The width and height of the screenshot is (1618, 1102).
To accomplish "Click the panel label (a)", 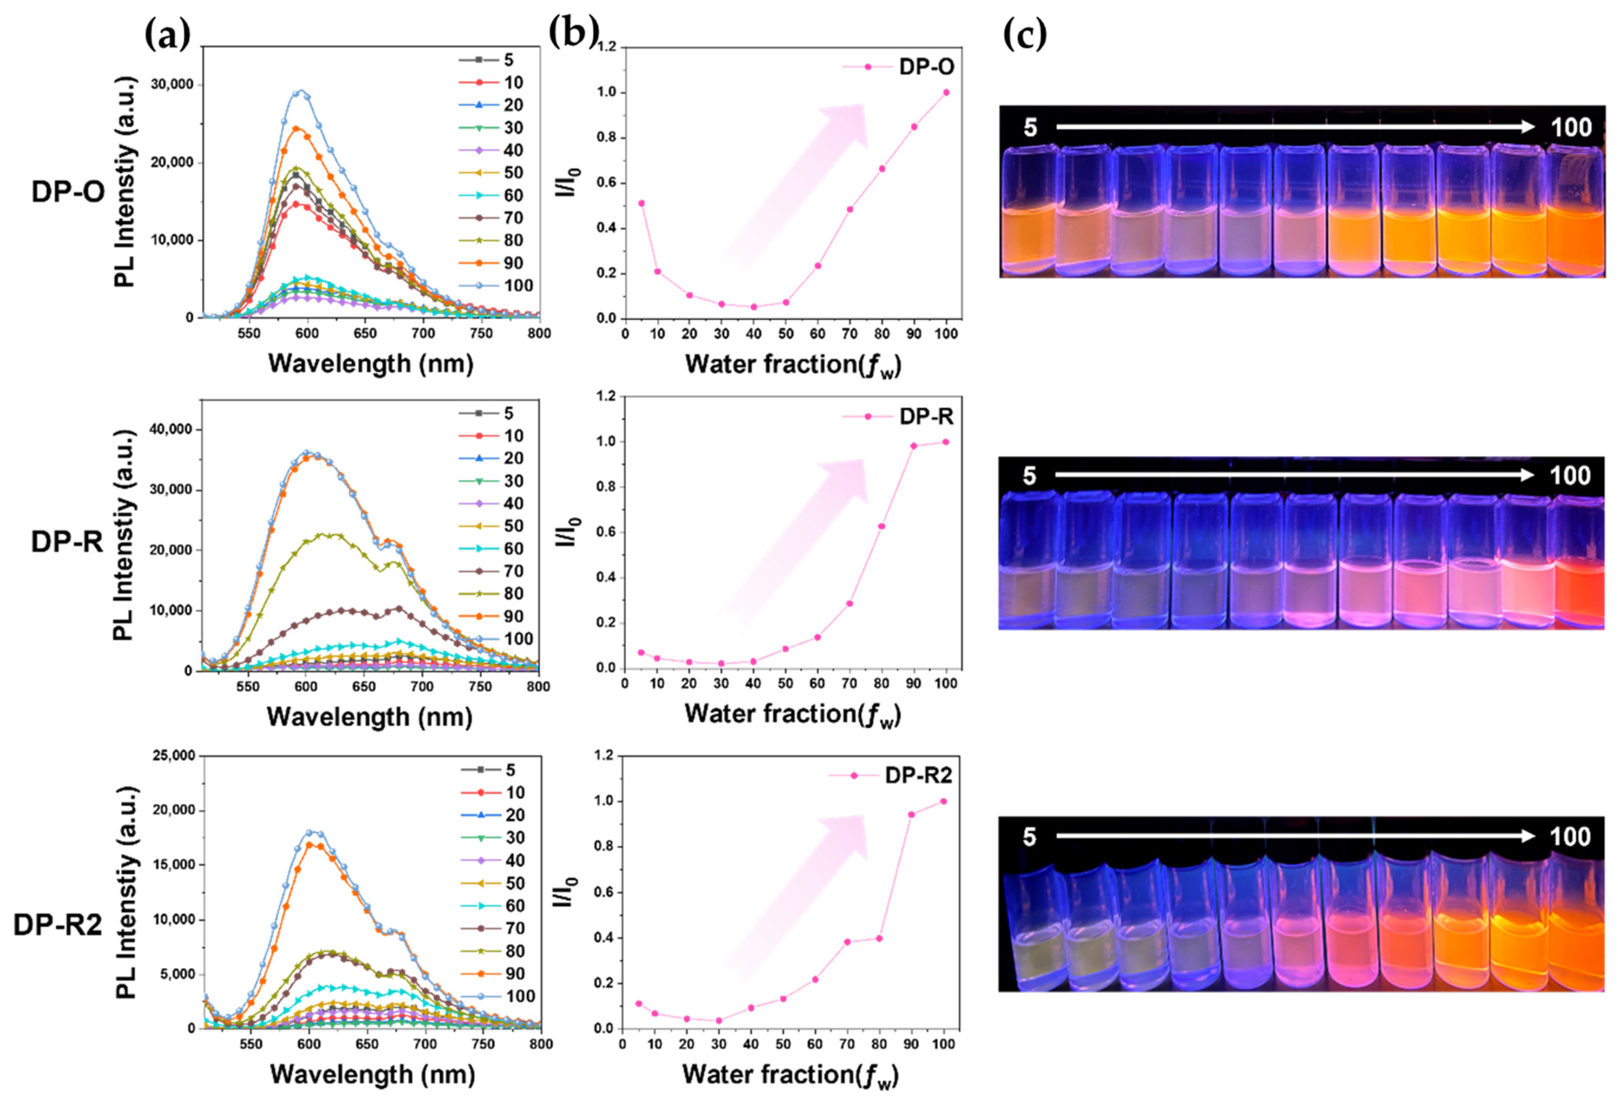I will [167, 35].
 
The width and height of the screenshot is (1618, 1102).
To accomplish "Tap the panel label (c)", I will [1025, 35].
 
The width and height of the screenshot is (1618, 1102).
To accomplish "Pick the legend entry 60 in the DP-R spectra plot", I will [513, 549].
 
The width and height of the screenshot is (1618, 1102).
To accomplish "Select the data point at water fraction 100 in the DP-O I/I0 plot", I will [946, 92].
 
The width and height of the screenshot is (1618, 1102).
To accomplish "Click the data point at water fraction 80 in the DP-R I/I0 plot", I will [881, 526].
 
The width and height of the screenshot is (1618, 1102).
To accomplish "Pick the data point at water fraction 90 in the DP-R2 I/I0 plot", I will [911, 814].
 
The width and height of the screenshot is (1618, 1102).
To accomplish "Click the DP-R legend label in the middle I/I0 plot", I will [926, 417].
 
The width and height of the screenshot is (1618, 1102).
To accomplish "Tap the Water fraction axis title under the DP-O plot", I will [792, 364].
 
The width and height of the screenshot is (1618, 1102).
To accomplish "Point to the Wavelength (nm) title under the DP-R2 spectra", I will [373, 1074].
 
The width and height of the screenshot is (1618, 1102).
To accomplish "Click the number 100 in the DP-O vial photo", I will [1571, 127].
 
